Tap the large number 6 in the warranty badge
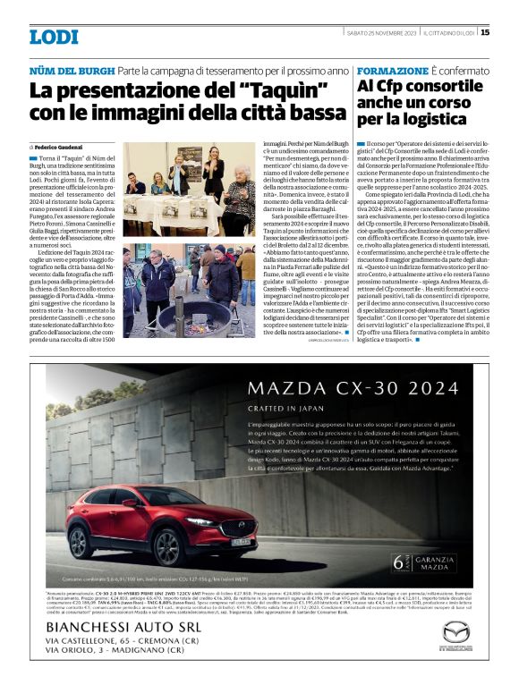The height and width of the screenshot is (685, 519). click(396, 562)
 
